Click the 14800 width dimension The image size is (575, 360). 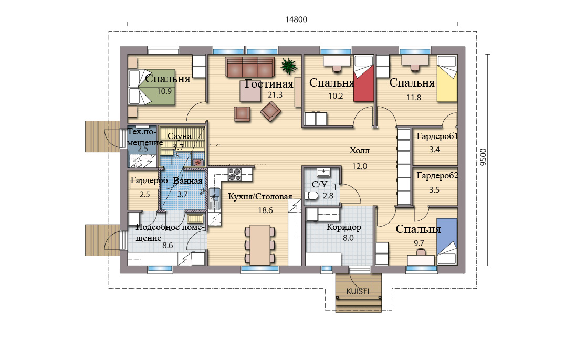296,19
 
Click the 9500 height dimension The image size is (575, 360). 483,157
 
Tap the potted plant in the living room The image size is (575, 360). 289,66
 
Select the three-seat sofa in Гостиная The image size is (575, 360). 250,67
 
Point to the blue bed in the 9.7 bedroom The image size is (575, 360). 447,241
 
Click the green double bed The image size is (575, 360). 152,87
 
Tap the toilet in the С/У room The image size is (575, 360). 311,196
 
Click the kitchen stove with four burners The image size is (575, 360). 235,174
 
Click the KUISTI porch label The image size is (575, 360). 358,291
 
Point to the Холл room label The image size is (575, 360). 359,150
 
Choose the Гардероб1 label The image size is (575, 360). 437,136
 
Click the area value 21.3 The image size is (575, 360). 275,95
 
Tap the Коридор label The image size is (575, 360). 344,227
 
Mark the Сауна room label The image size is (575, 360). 179,136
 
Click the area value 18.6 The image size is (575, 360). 266,210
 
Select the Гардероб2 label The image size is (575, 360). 437,176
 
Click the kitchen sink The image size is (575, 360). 215,193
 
